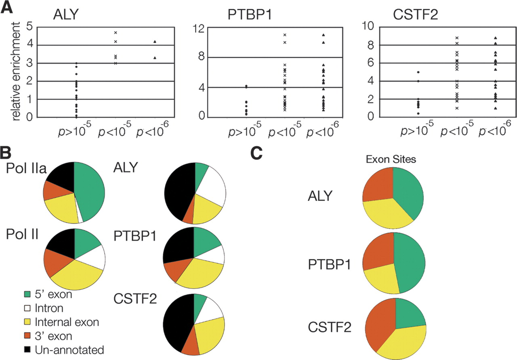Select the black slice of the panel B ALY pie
tap(178, 194)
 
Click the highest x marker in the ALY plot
tap(116, 32)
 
